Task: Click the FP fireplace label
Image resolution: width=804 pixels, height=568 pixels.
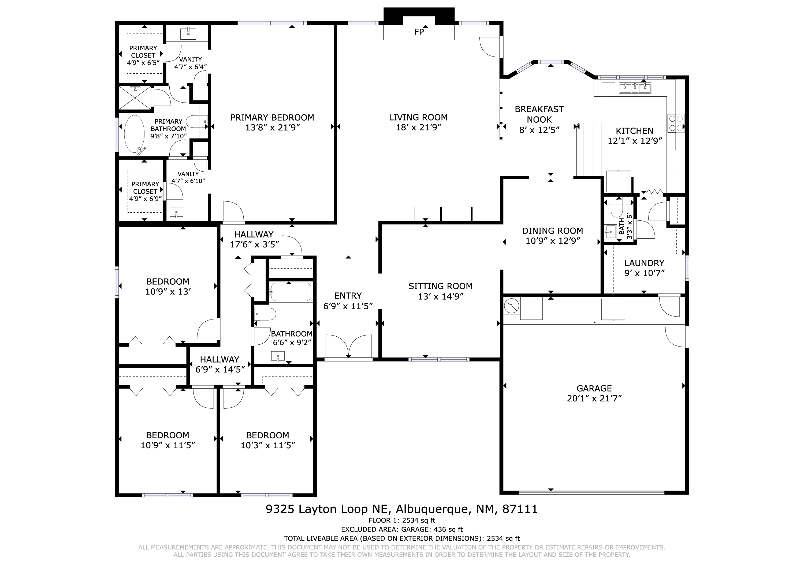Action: click(x=419, y=32)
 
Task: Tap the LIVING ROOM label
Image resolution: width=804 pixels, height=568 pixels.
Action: click(x=418, y=117)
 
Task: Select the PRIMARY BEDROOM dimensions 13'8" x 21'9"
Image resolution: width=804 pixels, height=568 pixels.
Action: click(x=273, y=127)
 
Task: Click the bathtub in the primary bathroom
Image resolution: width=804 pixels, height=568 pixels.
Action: click(x=135, y=134)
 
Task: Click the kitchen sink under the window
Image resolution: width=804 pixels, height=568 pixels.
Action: click(x=635, y=88)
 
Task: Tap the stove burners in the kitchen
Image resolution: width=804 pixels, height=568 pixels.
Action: click(x=676, y=123)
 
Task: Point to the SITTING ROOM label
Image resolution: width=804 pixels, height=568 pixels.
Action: click(x=441, y=286)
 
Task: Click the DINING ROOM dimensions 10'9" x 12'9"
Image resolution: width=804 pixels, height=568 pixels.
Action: click(x=553, y=241)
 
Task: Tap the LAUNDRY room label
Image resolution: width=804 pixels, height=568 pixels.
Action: click(x=644, y=263)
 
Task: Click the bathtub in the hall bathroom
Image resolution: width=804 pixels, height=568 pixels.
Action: click(x=290, y=292)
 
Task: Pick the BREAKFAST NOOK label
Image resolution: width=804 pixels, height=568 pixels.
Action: click(x=539, y=114)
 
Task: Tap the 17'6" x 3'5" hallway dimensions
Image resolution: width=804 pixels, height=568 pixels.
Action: click(x=254, y=244)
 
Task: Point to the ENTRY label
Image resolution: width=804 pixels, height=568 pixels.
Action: click(x=348, y=296)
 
